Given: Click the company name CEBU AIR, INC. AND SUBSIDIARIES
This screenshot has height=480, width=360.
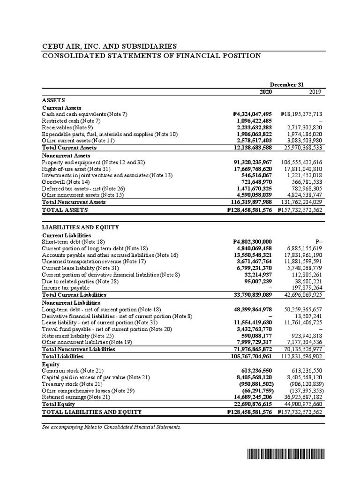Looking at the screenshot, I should coord(109,46).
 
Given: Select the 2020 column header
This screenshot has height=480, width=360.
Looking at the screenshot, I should coord(265,92).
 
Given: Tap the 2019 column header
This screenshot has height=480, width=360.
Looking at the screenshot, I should coord(315,92).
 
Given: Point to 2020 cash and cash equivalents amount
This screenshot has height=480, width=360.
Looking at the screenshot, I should coord(252,114).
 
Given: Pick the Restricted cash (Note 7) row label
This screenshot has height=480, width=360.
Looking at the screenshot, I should coord(69,120).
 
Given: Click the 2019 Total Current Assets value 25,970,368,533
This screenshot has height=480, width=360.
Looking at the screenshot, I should coord(300,148).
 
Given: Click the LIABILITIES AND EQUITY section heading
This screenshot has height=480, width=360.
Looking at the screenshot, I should coord(80,227).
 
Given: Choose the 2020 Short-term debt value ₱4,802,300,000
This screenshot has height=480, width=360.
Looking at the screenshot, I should coord(252,241).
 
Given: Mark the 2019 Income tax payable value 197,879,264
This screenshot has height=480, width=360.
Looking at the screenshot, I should coord(303,287).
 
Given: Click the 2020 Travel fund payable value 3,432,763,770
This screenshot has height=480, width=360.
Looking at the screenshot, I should coord(252,330).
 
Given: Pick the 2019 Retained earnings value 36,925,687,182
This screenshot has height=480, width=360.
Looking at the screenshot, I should coord(300,397).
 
